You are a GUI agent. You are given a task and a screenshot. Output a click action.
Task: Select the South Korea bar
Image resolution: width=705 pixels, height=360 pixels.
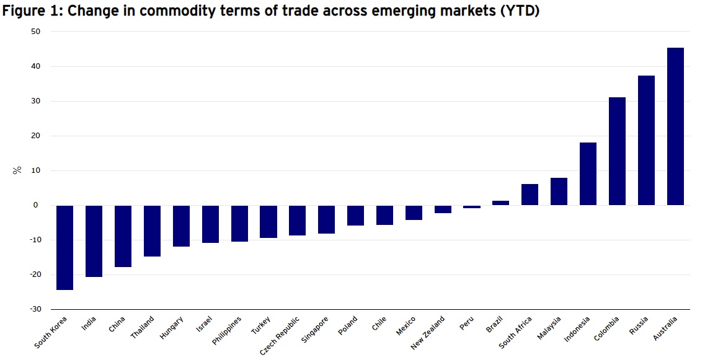64,247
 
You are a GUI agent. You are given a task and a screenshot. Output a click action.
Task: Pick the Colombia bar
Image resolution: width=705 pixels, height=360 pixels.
617,151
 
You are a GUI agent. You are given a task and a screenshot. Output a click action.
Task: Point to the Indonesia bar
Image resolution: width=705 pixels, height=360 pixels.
588,173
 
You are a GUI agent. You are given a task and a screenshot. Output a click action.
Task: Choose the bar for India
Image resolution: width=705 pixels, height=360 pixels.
94,241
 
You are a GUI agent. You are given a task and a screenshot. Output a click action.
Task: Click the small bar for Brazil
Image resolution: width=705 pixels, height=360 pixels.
500,203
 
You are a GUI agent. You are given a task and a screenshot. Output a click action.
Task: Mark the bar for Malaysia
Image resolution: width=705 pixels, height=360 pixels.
559,191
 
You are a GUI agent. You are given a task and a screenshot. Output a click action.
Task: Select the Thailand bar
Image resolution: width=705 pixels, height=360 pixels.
152,230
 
